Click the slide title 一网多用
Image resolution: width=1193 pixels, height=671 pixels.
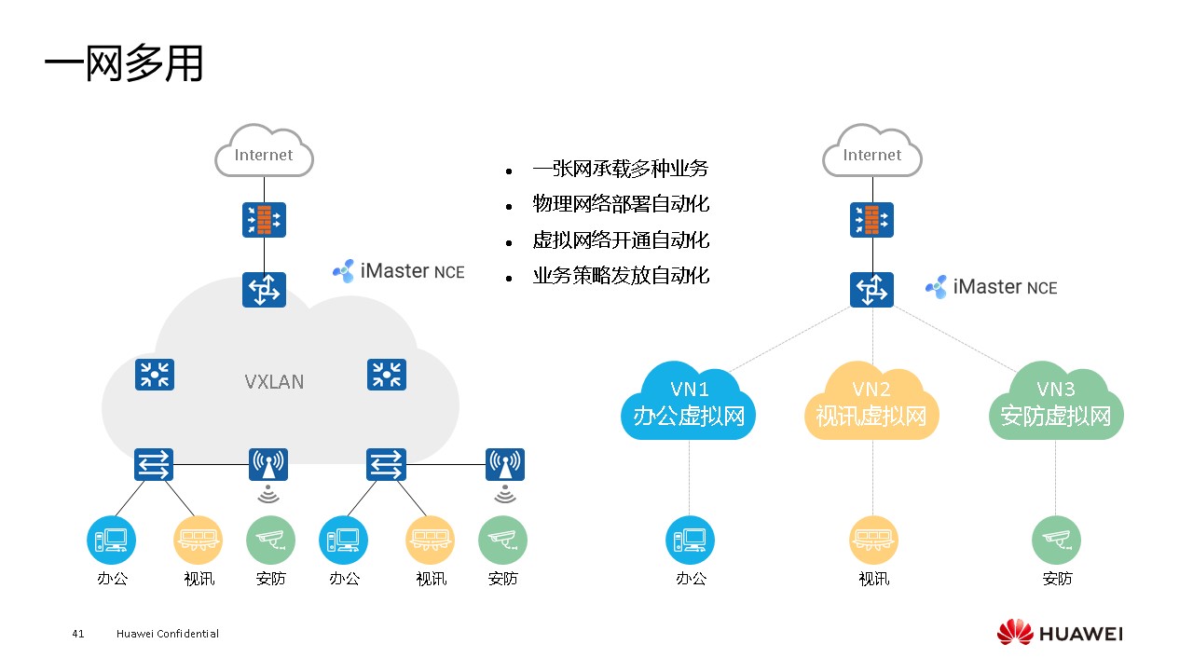123,65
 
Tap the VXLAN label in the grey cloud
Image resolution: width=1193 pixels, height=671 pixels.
274,381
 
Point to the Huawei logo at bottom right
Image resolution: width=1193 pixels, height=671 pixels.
1060,634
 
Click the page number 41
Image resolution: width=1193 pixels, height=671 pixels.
77,634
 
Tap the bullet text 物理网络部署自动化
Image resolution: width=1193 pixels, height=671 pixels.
621,204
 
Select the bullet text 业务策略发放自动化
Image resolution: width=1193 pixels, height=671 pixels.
621,276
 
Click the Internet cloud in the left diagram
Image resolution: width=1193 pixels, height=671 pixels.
264,155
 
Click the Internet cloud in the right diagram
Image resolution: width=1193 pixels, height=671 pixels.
872,155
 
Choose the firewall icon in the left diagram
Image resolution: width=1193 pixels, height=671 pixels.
264,220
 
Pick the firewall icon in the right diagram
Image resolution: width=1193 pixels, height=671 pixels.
872,220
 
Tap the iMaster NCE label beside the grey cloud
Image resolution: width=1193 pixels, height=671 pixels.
399,271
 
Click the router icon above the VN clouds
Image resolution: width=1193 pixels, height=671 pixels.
872,290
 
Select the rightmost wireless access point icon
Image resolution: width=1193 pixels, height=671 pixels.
505,464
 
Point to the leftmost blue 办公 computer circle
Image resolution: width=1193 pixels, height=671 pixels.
111,540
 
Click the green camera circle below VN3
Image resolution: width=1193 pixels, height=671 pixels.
1056,540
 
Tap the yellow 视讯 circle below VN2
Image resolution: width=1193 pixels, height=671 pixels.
873,540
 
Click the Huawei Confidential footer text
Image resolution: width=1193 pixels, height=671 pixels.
168,634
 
